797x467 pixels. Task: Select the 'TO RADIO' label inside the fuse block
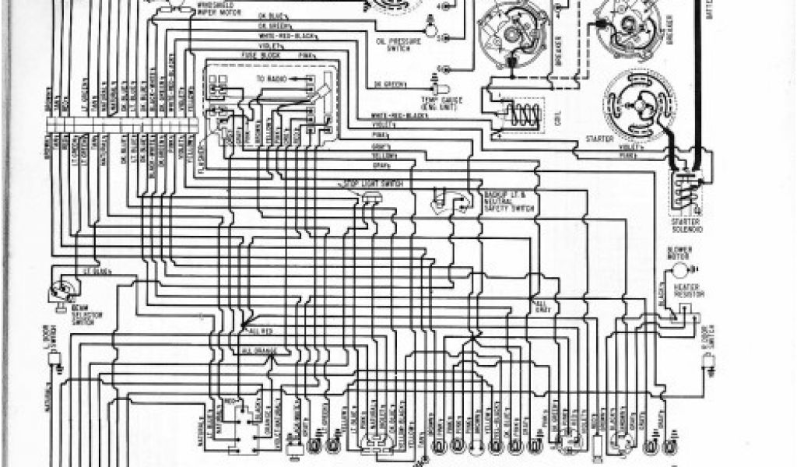268,79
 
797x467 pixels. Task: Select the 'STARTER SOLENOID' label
687,226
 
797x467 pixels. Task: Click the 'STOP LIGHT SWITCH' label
363,183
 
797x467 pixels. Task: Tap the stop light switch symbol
368,198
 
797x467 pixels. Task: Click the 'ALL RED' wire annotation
262,331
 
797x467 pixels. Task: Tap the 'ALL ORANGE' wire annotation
259,352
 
